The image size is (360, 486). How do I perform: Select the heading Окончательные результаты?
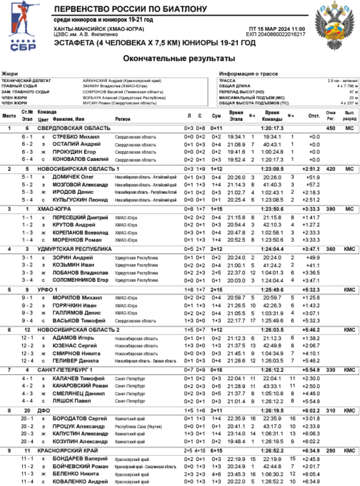pos(179,59)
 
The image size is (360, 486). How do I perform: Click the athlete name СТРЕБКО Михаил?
pos(76,137)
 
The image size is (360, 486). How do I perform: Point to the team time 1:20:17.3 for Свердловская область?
pos(273,129)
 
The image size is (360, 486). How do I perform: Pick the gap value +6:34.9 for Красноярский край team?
pos(311,451)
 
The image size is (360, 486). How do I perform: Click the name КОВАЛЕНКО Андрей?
pos(80,482)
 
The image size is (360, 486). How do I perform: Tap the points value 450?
pos(330,129)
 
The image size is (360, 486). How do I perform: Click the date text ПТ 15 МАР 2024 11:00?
pos(277,29)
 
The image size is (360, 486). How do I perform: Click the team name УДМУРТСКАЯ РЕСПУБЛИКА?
pos(74,249)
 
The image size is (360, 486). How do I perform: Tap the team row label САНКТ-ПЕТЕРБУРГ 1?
pos(65,370)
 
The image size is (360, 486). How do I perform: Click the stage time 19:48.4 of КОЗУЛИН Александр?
pos(236,441)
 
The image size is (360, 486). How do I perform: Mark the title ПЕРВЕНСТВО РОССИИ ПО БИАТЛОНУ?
pos(131,9)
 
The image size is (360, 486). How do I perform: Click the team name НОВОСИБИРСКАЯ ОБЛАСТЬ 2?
pos(79,330)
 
